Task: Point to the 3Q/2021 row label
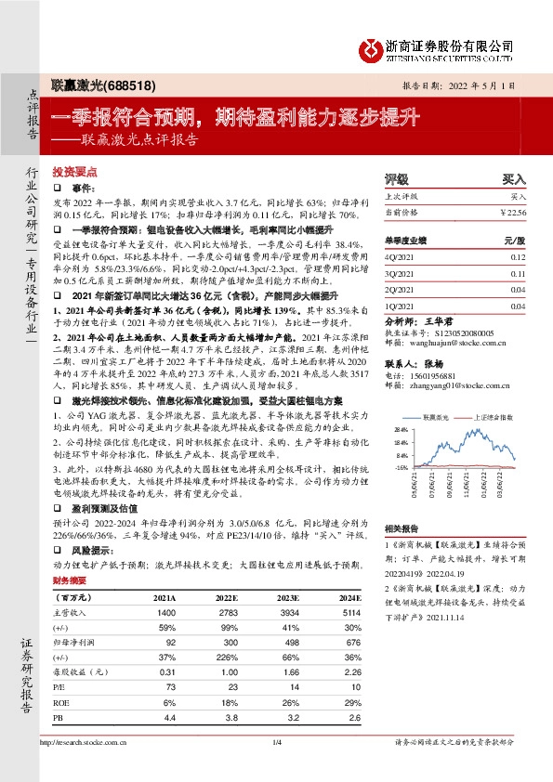click(x=400, y=274)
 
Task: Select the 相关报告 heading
click(x=402, y=527)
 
